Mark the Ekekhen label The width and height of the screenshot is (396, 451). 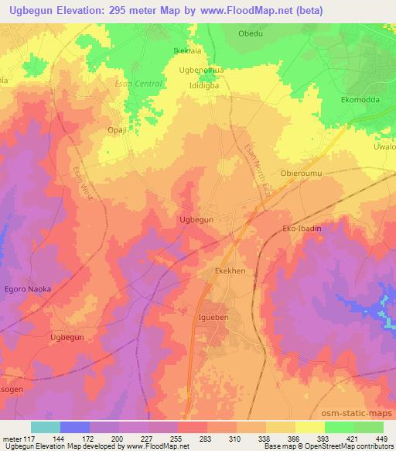click(x=230, y=271)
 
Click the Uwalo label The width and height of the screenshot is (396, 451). click(x=384, y=146)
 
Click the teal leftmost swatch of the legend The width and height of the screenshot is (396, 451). click(x=46, y=426)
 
